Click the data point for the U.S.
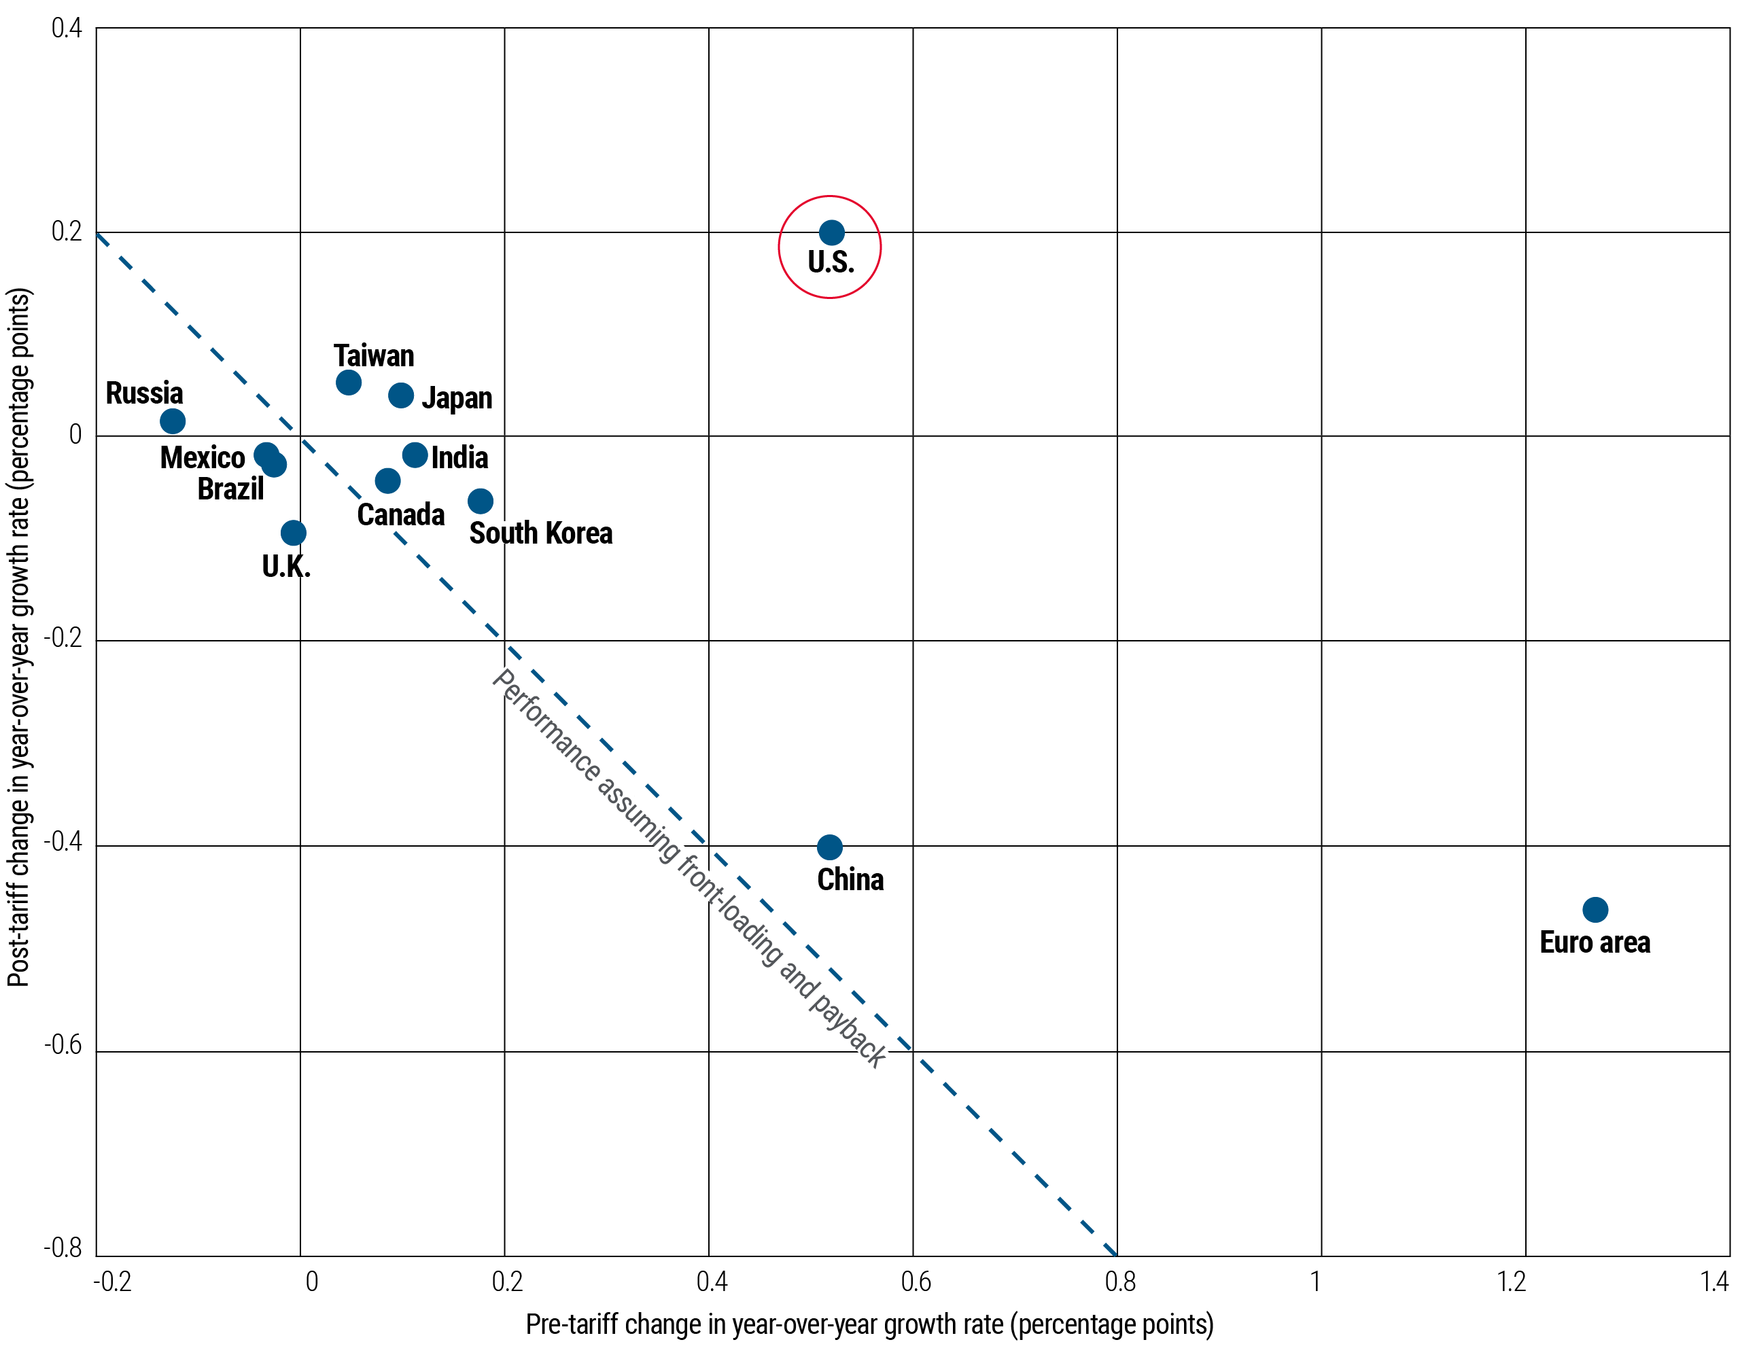click(x=831, y=232)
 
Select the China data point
click(x=829, y=847)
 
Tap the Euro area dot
click(x=1595, y=909)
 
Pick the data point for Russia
click(x=172, y=421)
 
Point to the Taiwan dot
click(x=348, y=383)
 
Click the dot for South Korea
click(x=481, y=501)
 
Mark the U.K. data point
click(x=293, y=532)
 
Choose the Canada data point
click(x=387, y=480)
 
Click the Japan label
click(x=457, y=397)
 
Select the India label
click(x=459, y=457)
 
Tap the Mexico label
click(x=203, y=457)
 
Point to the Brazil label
click(x=230, y=489)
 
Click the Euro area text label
click(x=1594, y=942)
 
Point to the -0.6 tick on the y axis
click(x=64, y=1044)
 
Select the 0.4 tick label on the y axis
click(x=67, y=29)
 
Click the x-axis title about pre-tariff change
click(x=869, y=1324)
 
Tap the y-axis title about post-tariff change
click(x=19, y=637)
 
